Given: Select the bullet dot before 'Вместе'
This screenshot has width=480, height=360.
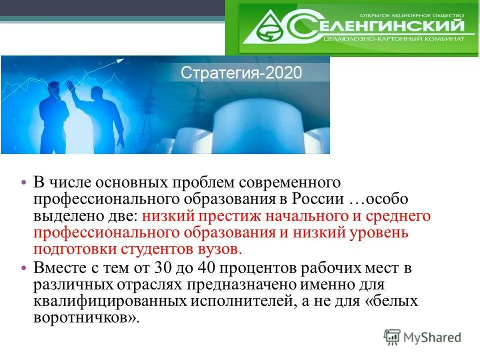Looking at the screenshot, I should (24, 267).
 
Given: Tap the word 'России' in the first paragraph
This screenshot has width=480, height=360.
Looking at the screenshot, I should (318, 199).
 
